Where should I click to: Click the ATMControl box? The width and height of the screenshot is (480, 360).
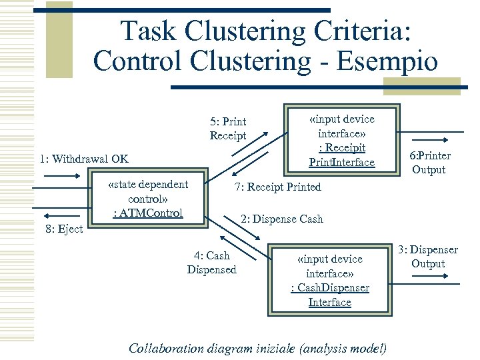point(148,213)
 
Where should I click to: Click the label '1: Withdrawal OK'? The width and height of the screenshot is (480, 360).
point(84,159)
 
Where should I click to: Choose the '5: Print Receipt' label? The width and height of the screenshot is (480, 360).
point(228,129)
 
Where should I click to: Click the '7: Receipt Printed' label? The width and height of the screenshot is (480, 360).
point(277,187)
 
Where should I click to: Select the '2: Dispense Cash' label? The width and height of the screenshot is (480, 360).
point(281,219)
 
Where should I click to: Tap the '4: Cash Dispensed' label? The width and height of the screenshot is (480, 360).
point(211,263)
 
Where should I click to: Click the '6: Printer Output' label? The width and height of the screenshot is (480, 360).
point(430,163)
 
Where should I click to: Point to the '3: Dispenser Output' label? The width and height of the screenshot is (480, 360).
point(427,257)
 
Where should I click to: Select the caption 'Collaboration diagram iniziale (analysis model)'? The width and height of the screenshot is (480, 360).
point(257,348)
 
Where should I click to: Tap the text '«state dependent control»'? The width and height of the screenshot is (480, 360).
point(148,191)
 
